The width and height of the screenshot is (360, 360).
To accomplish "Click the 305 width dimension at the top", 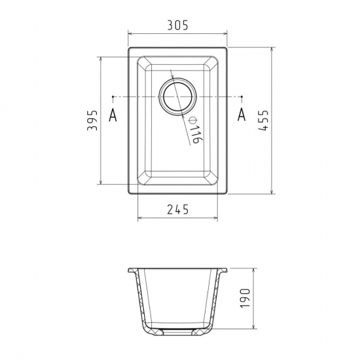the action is click(x=177, y=25).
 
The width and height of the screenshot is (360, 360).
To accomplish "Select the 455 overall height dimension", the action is click(x=263, y=120).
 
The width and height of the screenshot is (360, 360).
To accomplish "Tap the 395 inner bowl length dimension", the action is click(x=92, y=120).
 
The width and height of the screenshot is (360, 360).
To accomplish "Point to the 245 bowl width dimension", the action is click(x=177, y=209).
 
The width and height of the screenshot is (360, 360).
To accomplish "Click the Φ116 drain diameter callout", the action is click(x=195, y=130).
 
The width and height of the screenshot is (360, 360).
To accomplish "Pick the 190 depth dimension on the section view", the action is click(x=245, y=298).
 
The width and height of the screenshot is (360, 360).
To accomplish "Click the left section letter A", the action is click(x=113, y=115).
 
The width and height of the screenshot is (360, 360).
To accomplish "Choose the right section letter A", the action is click(x=242, y=115).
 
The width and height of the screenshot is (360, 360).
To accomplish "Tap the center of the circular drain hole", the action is click(x=177, y=96).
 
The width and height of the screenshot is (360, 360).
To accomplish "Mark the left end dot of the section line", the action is click(x=113, y=97).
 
